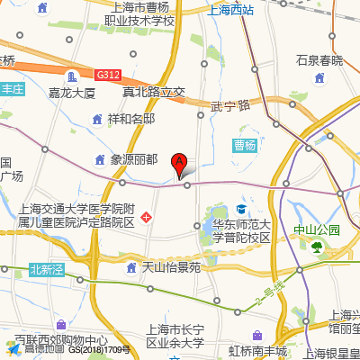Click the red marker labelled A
tap(179, 164)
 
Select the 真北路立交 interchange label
tap(153, 92)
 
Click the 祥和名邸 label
tap(131, 119)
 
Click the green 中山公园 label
tap(318, 229)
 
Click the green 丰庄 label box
tap(11, 89)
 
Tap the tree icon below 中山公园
tap(316, 246)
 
